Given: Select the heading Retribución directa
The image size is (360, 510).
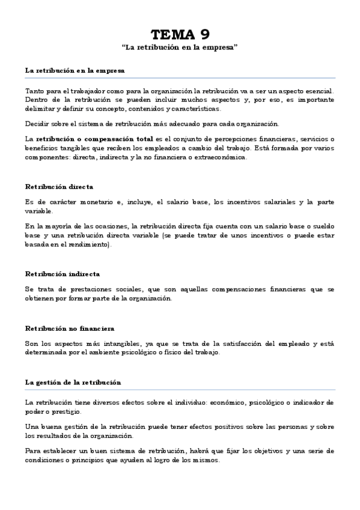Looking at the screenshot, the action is [x=59, y=187].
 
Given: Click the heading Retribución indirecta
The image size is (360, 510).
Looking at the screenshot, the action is [x=63, y=274].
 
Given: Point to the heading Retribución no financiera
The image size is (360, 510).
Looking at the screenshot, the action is [x=70, y=328].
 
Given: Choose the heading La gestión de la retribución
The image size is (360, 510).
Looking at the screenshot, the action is [x=73, y=382].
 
